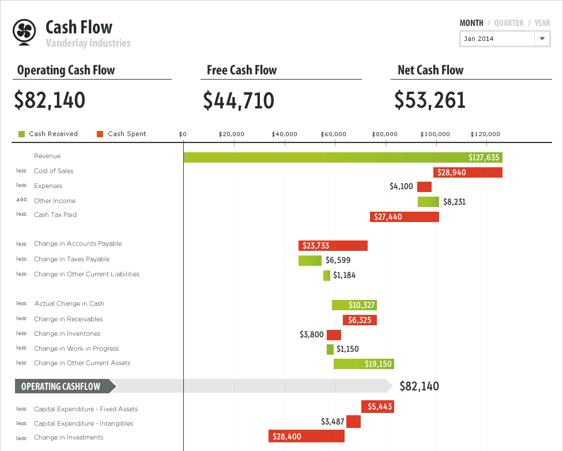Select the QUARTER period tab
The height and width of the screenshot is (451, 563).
(x=509, y=23)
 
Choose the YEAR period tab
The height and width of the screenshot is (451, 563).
(x=542, y=23)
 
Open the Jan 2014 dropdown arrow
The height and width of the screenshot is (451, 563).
(x=542, y=39)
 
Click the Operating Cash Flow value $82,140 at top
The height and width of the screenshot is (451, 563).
(x=50, y=100)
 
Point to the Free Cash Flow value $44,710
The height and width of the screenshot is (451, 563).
(x=239, y=100)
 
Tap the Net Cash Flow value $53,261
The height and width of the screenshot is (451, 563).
(x=430, y=100)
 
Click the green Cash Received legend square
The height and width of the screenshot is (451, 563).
(x=21, y=134)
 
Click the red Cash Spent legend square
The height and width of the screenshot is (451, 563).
(x=100, y=134)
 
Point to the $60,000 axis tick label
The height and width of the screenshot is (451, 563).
(x=333, y=134)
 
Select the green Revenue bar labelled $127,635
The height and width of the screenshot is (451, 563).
(x=343, y=157)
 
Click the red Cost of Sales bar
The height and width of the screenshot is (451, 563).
(x=467, y=172)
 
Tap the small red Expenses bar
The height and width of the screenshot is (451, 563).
(x=424, y=187)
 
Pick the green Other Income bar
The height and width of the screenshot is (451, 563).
(x=428, y=202)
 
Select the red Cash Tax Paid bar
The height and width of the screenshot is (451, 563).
(x=404, y=217)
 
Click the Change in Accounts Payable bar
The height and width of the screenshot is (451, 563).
(x=332, y=246)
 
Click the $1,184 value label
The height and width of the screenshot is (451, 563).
(x=344, y=275)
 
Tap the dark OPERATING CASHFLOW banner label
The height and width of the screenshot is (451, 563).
(x=61, y=386)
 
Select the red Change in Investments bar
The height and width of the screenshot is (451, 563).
(x=306, y=437)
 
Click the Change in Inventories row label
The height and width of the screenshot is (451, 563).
(x=67, y=333)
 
